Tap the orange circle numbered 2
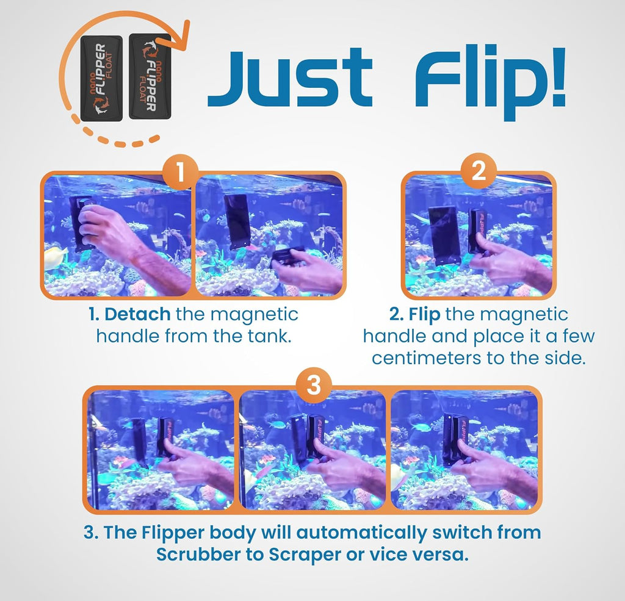point(479,173)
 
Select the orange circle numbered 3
point(312,386)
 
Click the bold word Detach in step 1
point(137,315)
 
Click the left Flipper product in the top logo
point(101,78)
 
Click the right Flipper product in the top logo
point(150,77)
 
